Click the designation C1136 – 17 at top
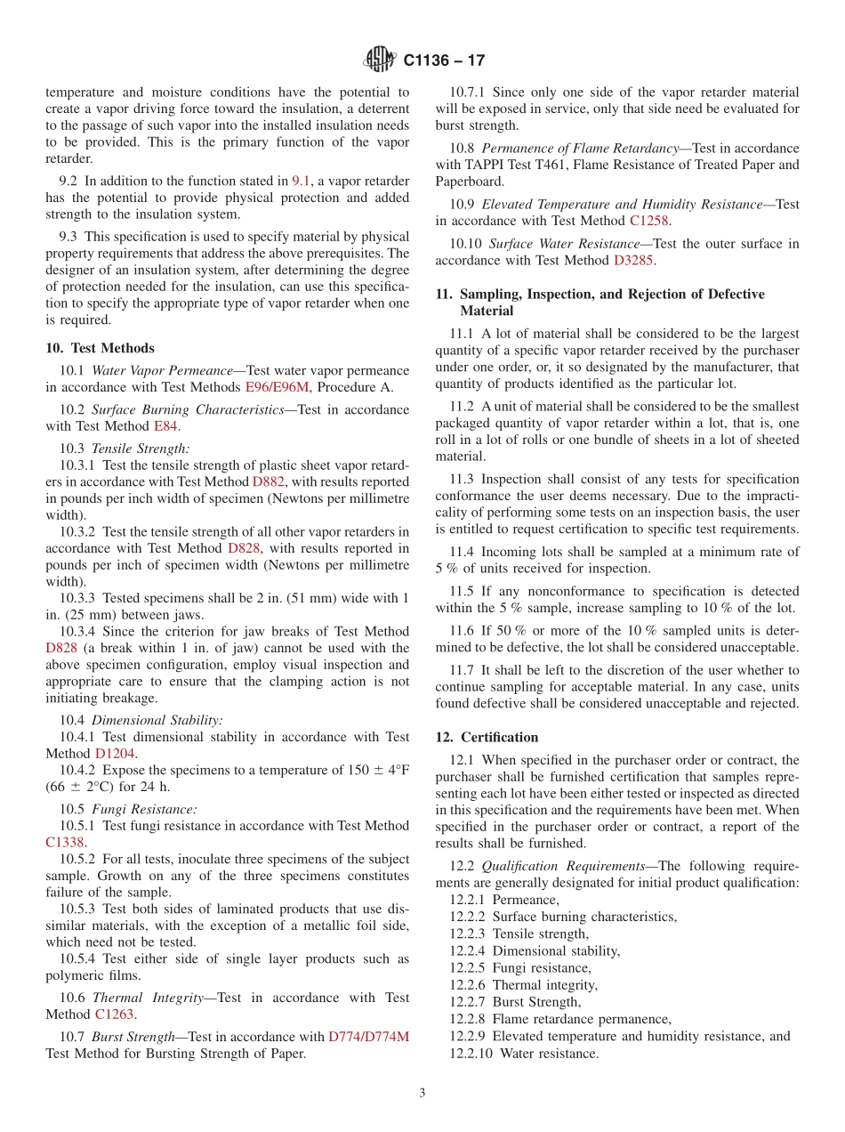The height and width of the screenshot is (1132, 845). point(444,61)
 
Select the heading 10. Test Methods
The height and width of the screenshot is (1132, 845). point(100,348)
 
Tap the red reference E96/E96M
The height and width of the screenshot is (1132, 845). point(278,387)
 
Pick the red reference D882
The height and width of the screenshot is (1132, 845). point(269,481)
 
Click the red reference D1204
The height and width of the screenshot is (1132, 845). point(115,754)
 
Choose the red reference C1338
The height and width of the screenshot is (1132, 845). point(65,842)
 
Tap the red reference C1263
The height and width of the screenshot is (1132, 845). point(116,1015)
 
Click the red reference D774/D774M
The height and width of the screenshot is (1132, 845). point(368,1037)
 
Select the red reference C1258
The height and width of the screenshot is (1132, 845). point(649,221)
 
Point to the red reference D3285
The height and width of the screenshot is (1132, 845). point(633,260)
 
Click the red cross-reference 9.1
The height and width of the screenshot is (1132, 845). point(302,181)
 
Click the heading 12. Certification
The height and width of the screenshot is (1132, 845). point(487,737)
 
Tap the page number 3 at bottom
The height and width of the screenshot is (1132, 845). point(422,1093)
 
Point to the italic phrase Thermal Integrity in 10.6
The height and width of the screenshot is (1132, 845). point(148,998)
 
